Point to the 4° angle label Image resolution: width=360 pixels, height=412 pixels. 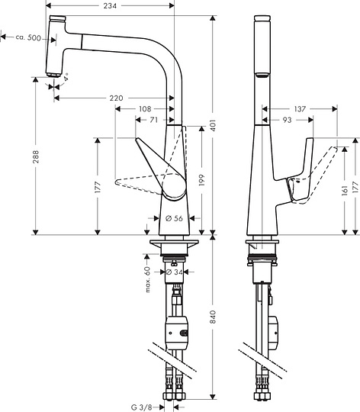point(67,79)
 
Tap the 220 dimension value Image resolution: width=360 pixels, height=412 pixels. point(116,98)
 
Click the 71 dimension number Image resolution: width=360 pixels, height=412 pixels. point(154,120)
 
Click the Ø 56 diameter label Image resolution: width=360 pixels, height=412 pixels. point(173,218)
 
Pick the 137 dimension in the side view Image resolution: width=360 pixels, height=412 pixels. point(299,109)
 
